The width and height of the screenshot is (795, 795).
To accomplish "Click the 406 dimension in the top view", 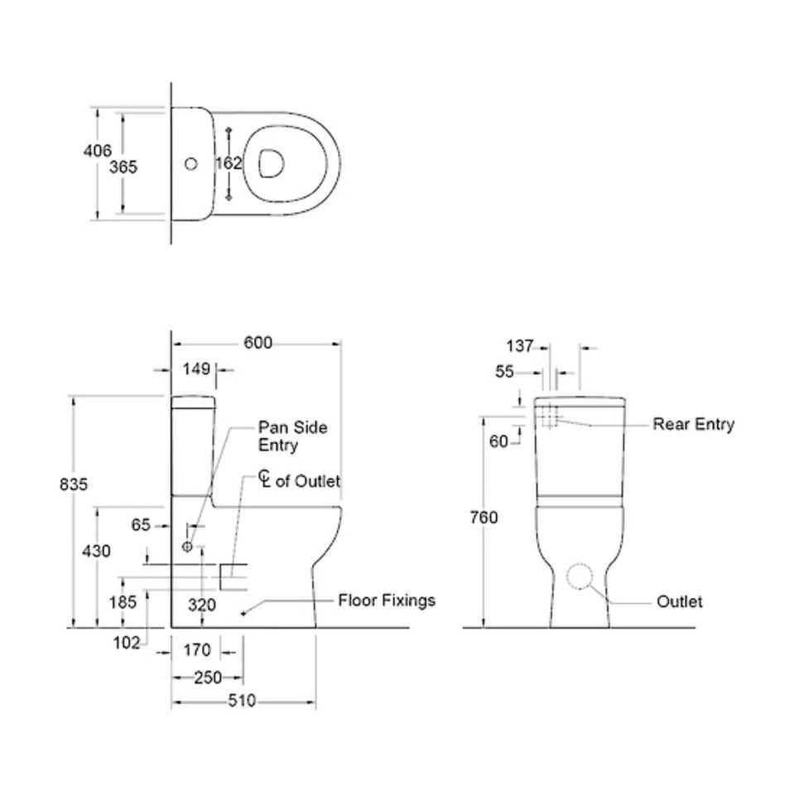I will (x=97, y=151).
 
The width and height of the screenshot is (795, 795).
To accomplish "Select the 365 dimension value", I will (x=123, y=166).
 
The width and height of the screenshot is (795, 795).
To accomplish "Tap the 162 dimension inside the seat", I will (x=228, y=163).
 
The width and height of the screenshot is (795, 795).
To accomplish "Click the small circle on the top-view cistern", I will (x=191, y=163).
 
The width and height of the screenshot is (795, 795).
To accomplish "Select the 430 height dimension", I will (x=97, y=552).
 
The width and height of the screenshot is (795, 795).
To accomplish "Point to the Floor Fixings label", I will (x=386, y=600).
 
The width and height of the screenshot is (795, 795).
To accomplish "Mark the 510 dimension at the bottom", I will (x=242, y=702).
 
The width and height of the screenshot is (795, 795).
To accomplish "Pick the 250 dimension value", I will (x=207, y=677).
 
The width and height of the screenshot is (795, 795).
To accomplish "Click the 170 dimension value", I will (x=199, y=650).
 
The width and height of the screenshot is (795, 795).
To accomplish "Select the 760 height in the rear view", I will (x=483, y=518).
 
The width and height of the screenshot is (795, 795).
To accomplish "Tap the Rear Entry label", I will (x=693, y=425).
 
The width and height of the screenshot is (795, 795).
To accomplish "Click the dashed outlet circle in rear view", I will (x=585, y=577).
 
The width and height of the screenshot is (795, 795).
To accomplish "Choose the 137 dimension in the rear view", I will (x=520, y=346).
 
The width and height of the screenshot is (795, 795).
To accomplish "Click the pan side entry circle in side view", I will (x=187, y=547).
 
